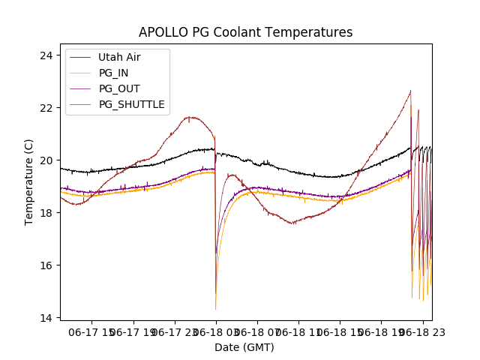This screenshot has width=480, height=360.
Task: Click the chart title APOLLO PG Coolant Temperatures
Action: click(245, 32)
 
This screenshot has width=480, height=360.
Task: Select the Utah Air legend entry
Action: click(118, 57)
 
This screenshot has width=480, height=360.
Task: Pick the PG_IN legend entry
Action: click(113, 73)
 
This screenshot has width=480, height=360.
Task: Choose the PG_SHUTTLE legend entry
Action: click(131, 104)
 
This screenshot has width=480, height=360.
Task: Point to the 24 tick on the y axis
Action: click(46, 55)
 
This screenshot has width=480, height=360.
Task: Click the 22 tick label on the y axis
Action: click(46, 108)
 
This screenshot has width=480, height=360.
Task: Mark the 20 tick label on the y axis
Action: click(46, 160)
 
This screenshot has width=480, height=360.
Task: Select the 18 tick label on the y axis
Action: click(46, 213)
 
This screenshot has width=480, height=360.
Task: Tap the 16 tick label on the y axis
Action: click(46, 265)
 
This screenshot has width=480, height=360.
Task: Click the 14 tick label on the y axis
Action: click(46, 318)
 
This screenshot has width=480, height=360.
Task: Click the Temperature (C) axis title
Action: click(29, 181)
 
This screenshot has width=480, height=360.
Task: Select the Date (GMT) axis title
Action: click(244, 347)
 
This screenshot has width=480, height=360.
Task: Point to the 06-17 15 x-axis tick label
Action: click(91, 331)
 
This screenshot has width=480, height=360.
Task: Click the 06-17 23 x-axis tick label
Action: click(174, 331)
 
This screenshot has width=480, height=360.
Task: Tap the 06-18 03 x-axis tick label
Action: click(216, 331)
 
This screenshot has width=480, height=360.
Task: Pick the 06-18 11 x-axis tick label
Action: click(298, 331)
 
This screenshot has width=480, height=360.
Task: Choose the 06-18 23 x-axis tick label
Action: click(422, 331)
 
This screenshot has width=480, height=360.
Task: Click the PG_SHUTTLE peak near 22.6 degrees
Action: click(410, 91)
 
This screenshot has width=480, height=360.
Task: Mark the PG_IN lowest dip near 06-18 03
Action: click(216, 308)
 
